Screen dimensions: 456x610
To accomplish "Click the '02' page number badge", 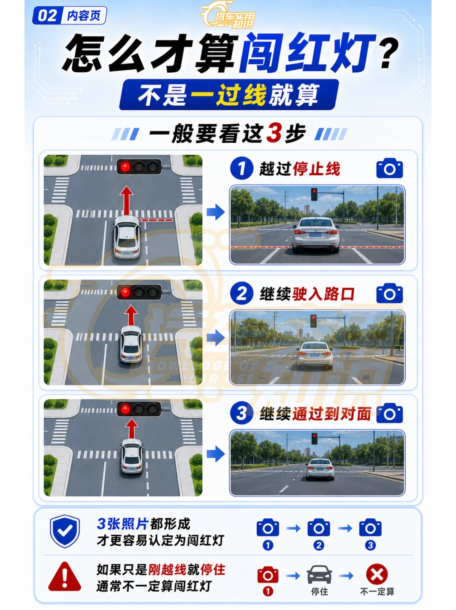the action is point(47,16).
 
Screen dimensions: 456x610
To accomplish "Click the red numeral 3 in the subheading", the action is point(274,133).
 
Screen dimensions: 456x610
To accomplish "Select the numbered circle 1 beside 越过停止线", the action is point(242,168).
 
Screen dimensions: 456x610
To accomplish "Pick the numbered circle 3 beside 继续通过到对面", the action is point(242,413).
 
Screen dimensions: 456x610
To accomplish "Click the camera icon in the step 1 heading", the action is point(389,168).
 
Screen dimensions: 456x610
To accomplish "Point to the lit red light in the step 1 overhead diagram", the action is point(125,167).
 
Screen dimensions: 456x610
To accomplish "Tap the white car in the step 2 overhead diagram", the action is point(131,345).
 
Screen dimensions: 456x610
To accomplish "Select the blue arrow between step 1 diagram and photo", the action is point(216,212).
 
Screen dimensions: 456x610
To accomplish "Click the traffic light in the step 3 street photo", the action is point(314,439).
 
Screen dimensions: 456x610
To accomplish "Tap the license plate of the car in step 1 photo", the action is point(315,235).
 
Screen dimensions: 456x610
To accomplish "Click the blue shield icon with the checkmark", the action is point(65,531).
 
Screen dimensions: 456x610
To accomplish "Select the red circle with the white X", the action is point(377,574).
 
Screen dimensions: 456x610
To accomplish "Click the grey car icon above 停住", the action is point(319,574).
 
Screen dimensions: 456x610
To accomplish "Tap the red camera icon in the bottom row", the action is point(268,574).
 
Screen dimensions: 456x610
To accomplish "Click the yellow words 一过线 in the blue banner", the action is point(228,95).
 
